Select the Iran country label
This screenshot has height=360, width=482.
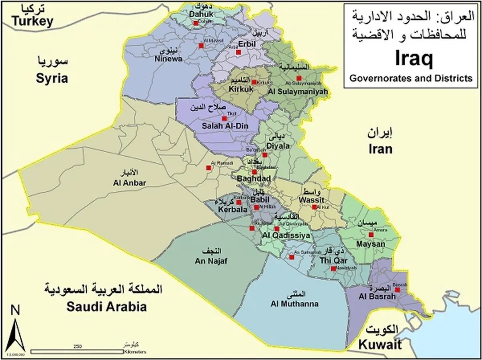coord(380,149)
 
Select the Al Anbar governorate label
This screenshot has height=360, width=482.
coord(129,183)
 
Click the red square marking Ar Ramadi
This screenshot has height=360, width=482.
coord(208,168)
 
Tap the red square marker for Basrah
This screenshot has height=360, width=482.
coord(397,290)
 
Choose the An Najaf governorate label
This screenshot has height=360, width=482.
coord(211,261)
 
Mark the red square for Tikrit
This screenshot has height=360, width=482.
coord(224,119)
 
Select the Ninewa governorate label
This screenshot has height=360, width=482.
coord(169,59)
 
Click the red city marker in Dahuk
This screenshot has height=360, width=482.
coord(196,23)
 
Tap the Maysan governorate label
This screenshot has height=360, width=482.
coord(370,244)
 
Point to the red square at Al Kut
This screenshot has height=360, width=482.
coord(314,207)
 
